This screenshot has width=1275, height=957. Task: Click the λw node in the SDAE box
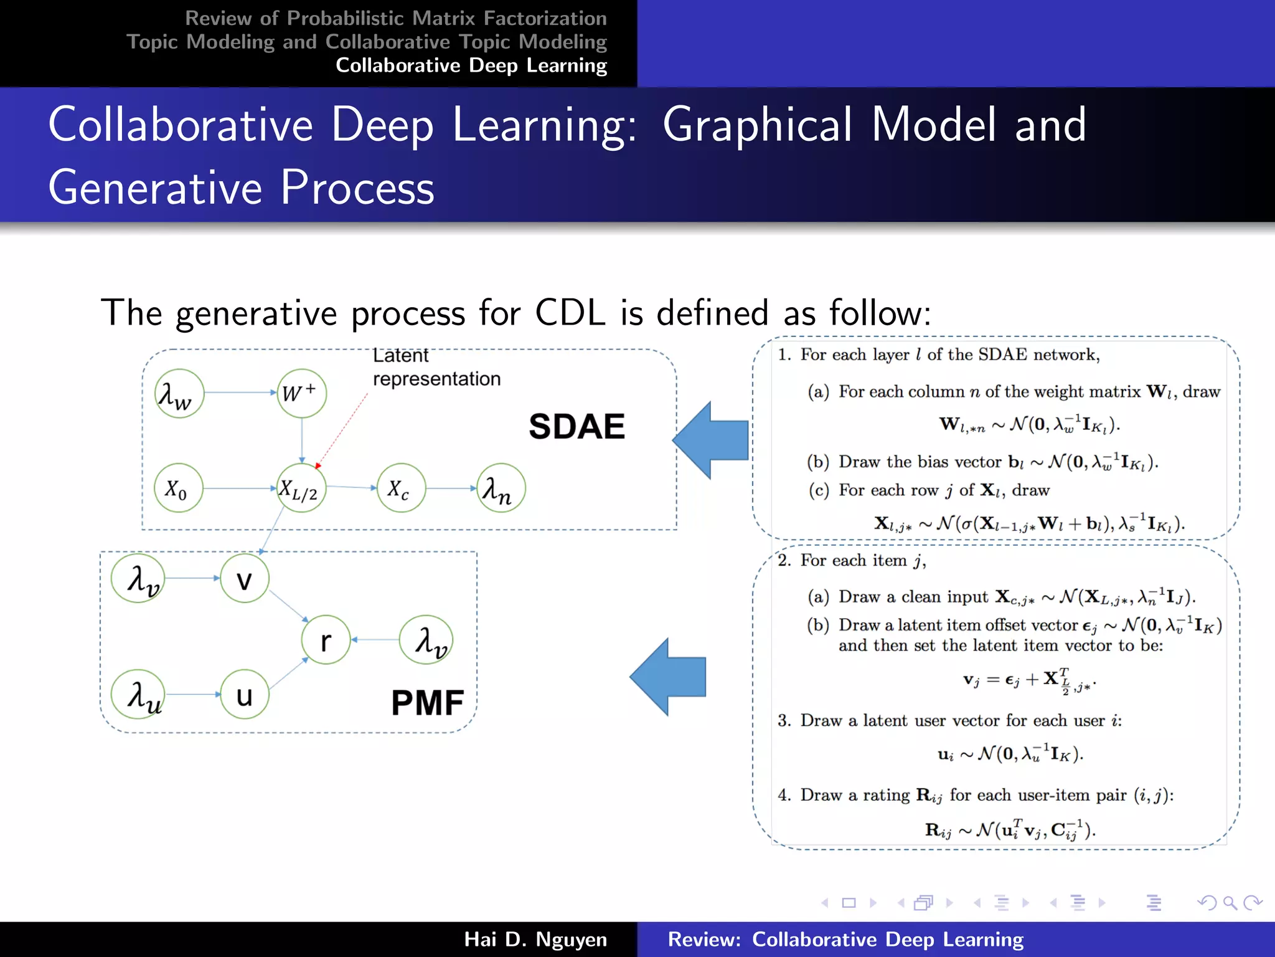point(179,393)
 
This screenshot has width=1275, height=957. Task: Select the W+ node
point(301,393)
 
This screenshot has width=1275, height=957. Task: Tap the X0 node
point(179,488)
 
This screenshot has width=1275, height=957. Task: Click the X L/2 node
point(301,488)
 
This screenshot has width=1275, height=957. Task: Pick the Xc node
point(401,488)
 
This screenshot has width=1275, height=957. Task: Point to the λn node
point(500,488)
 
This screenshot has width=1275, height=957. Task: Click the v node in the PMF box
point(245,579)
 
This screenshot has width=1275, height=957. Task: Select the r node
point(326,640)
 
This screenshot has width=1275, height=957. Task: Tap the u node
point(245,695)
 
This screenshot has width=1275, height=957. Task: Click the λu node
point(138,695)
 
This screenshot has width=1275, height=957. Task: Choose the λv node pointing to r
point(426,640)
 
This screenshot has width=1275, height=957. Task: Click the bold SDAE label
point(576,427)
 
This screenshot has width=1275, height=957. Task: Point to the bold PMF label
point(427,703)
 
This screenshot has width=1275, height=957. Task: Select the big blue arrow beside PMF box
point(669,677)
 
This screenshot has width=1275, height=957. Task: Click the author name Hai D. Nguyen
point(535,939)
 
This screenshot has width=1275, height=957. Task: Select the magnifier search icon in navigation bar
point(1229,903)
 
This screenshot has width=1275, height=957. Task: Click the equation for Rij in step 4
point(1010,830)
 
